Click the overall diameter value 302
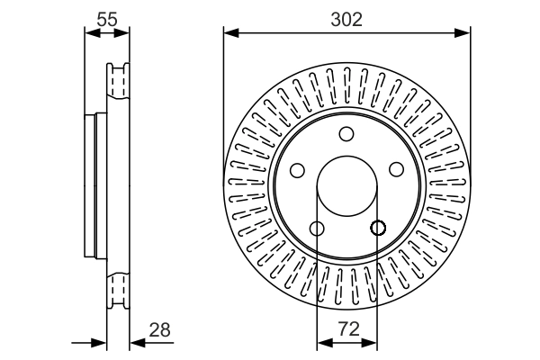point(346,19)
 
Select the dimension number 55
point(106,19)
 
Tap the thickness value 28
point(161,329)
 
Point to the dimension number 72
point(346,329)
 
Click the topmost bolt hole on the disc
point(346,134)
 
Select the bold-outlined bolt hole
point(377,228)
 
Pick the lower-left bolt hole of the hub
point(317,229)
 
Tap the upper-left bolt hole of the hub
point(298,170)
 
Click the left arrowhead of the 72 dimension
point(322,342)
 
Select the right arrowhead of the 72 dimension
point(372,342)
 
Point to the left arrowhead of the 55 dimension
point(89,33)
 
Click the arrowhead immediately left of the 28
point(135,342)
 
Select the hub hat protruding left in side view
point(91,186)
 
